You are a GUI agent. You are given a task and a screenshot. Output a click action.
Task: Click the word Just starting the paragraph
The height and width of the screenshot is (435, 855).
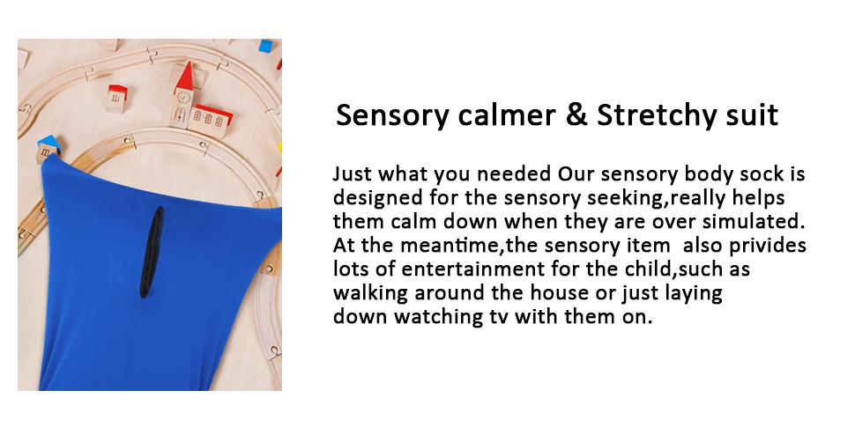click(x=352, y=173)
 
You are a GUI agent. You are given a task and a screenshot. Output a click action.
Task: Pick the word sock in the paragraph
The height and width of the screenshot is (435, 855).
click(x=775, y=173)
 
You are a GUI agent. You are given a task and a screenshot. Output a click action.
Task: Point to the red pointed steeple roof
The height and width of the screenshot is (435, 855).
click(x=184, y=77)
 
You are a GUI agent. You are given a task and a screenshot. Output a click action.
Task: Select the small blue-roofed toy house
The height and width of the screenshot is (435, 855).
click(x=47, y=148)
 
